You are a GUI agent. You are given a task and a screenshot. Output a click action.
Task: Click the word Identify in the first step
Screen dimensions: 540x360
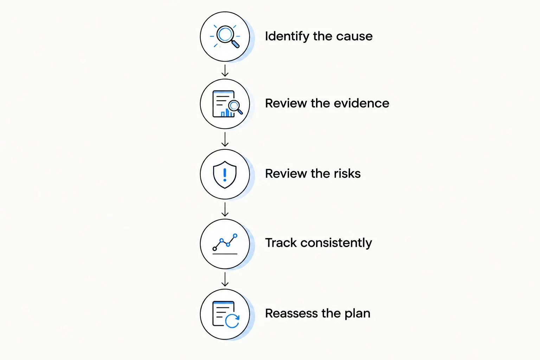287,37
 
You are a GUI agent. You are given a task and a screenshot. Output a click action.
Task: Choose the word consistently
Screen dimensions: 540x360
336,243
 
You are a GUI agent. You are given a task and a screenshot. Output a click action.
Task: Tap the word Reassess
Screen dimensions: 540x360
291,314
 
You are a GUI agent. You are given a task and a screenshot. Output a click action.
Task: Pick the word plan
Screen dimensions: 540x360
358,314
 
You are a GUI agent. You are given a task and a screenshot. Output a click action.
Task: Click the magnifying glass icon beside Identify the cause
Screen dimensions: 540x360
225,37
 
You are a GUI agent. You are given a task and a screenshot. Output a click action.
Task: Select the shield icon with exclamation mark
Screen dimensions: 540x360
225,175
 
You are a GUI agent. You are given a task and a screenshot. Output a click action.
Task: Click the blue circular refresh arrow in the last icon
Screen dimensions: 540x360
232,321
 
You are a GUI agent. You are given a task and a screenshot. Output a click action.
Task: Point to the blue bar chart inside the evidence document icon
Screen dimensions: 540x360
227,113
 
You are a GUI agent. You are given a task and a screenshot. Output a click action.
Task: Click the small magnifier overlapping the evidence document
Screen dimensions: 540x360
236,107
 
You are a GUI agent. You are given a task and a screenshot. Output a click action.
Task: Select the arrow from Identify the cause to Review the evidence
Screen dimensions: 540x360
225,70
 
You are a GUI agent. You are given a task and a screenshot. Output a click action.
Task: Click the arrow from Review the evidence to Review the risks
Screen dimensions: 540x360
225,139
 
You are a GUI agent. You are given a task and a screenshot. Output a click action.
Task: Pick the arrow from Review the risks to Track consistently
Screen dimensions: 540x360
225,209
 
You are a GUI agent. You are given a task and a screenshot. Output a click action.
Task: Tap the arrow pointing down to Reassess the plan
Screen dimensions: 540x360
225,279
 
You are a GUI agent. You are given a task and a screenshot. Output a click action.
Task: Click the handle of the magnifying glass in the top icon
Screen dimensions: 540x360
236,44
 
